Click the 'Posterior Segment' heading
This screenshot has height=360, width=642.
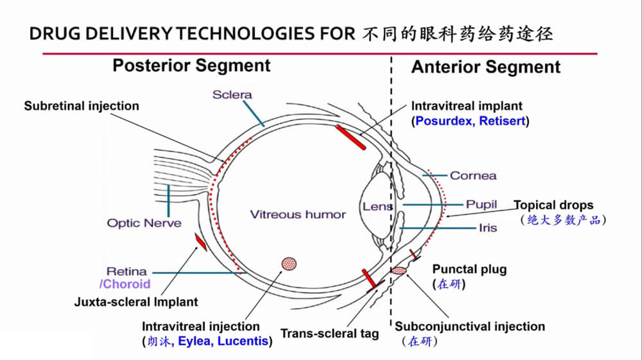(191, 65)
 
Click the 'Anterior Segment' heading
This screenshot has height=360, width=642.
(485, 67)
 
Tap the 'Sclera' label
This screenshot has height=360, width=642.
(232, 95)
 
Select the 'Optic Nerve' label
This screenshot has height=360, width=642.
(144, 223)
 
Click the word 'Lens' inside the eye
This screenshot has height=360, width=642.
(377, 207)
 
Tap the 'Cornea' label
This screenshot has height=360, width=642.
(473, 175)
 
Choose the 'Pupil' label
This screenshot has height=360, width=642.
(481, 205)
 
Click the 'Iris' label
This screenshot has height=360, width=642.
(487, 228)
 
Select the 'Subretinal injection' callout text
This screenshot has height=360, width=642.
(82, 106)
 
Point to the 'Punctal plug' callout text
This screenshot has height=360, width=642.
(469, 270)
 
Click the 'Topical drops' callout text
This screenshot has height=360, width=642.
(553, 205)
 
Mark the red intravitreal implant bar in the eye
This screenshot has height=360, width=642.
(350, 137)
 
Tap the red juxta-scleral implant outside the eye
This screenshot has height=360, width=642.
(201, 242)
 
